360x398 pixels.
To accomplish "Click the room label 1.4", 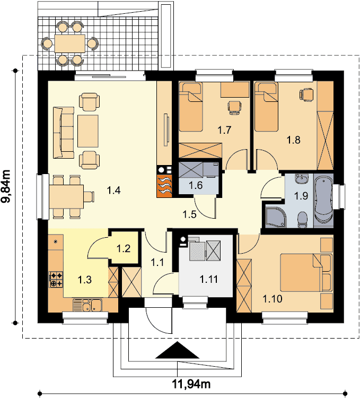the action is tap(113, 190).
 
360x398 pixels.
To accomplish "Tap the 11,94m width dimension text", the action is tap(191, 384).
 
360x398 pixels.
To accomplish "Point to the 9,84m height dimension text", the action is tap(6, 186).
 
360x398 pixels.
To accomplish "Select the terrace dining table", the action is tap(69, 44).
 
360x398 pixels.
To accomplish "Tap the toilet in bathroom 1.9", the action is tap(302, 220).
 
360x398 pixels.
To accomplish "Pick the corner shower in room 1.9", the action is tap(275, 217).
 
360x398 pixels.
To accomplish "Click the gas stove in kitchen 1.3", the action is tap(56, 279).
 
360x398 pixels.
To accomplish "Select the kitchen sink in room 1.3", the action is tap(87, 305).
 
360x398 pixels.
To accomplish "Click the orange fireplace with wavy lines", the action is tap(164, 186).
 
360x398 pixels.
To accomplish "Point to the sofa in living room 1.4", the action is tap(64, 133).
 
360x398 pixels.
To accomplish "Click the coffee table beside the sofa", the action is tap(87, 131).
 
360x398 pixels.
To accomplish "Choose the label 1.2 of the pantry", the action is tap(124, 248).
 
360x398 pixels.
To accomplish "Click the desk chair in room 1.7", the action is tap(234, 108).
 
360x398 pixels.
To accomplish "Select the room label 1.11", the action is tap(209, 279).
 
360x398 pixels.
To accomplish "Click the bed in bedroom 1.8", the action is tap(266, 107).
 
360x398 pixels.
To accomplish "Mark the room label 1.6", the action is tap(196, 185).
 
